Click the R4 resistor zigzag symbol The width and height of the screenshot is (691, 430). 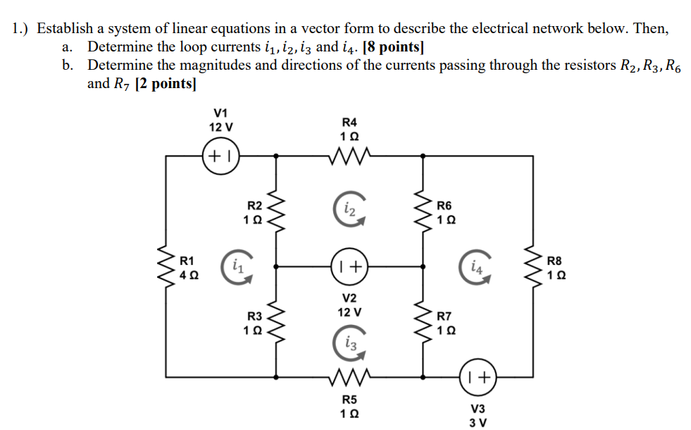349,156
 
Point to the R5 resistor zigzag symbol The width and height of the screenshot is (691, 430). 349,377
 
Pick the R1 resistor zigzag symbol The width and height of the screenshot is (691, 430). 166,266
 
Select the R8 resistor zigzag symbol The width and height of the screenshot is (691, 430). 533,266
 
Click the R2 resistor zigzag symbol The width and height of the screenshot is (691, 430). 276,211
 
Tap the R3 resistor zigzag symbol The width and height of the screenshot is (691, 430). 276,322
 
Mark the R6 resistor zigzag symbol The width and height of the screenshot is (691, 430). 423,211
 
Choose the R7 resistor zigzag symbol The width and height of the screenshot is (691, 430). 423,322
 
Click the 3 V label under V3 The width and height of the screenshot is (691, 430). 478,423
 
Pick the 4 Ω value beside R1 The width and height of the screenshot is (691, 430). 189,275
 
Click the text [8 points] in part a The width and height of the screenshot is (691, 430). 393,47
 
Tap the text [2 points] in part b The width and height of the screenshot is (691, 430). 166,83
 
